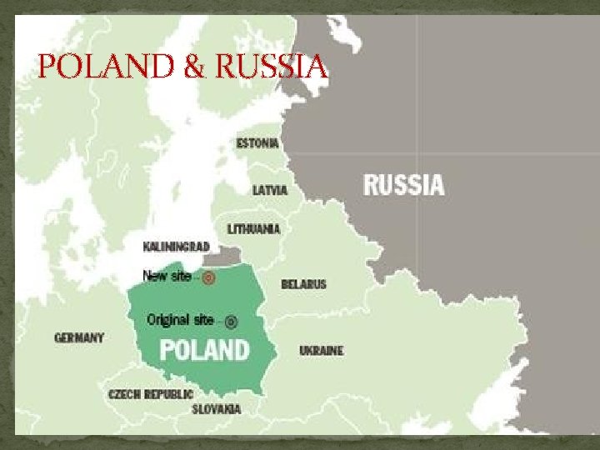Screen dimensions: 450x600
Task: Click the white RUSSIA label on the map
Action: (403, 184)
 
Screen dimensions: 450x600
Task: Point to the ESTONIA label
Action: (257, 142)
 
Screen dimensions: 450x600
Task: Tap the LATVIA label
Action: (270, 190)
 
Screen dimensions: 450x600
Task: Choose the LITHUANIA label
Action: (254, 228)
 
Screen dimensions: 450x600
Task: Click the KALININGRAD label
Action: (176, 247)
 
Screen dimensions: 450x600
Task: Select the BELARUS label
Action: (303, 284)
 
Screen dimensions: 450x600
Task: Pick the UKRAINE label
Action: (321, 351)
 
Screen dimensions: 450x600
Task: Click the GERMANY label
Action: (79, 337)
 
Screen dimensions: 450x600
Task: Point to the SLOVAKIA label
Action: (216, 409)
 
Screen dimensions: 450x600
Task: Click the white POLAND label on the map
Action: (204, 348)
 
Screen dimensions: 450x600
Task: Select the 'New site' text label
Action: (167, 276)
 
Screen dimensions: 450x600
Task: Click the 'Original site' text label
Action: (180, 319)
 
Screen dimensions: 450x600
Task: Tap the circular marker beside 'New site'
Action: (210, 277)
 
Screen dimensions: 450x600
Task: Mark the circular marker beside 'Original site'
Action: (231, 321)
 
